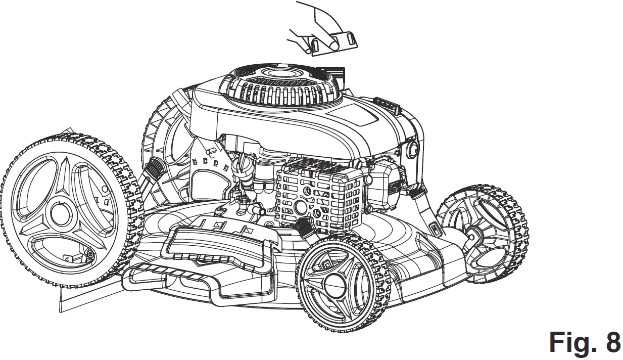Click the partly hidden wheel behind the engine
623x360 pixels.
[x=164, y=137]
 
